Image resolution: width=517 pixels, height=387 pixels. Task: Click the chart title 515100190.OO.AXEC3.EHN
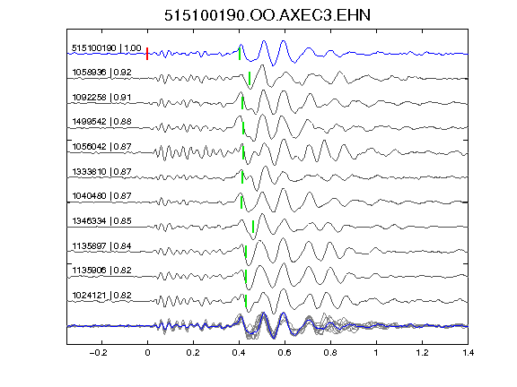pos(267,15)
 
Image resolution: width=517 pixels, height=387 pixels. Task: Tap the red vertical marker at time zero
pos(147,54)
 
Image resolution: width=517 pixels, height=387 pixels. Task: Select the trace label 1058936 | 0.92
pos(102,72)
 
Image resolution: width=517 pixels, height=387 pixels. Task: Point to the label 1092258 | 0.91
pos(101,98)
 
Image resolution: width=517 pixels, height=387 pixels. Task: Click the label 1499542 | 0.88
pos(102,122)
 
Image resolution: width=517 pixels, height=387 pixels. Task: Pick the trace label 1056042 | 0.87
pos(102,146)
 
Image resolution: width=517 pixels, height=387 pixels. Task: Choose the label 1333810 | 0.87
pos(102,171)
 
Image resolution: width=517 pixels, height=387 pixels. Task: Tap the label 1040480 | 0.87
pos(102,196)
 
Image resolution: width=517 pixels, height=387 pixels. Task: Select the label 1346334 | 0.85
pos(102,220)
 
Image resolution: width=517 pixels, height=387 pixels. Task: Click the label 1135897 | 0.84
pos(102,245)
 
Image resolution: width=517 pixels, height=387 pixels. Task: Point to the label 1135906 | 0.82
pos(102,271)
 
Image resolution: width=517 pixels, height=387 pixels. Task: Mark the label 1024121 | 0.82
pos(102,296)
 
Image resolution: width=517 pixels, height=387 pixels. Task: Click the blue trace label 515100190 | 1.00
pos(107,48)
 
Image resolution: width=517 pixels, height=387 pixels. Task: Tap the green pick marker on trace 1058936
pos(250,78)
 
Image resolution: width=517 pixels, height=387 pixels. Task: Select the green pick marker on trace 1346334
pos(253,227)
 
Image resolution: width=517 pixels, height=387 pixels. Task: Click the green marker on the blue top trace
pos(240,54)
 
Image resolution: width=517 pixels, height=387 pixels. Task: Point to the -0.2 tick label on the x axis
pos(98,353)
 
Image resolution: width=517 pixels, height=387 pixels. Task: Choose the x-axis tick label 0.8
pos(330,353)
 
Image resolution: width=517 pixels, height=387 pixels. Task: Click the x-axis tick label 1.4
pos(468,353)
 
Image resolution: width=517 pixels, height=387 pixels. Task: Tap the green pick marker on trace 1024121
pos(246,301)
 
